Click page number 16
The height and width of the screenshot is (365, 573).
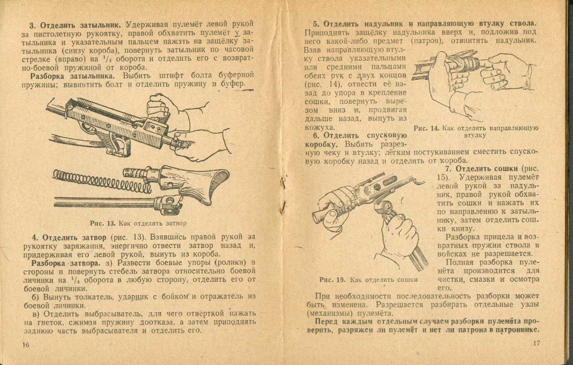(x=25, y=344)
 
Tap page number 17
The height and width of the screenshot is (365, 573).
(x=536, y=344)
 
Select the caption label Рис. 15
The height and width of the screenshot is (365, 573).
(x=333, y=279)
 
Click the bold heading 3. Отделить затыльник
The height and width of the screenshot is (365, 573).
(x=76, y=25)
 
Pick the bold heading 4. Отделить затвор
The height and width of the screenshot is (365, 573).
(x=68, y=237)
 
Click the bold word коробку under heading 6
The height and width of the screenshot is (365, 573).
(x=320, y=145)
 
